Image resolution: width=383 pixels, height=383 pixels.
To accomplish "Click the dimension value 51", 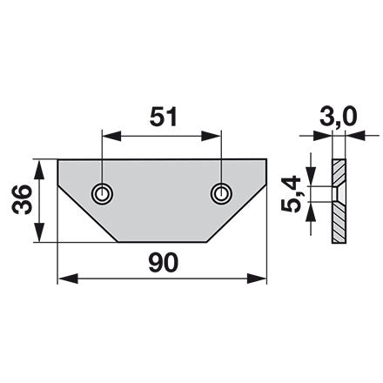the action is [163, 117].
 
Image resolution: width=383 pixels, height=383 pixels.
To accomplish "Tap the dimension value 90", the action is [163, 262].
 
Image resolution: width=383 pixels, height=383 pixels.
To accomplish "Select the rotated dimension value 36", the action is [22, 200].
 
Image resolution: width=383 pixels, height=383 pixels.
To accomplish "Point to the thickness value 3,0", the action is [338, 118].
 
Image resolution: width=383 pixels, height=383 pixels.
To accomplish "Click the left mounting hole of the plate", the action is [102, 193].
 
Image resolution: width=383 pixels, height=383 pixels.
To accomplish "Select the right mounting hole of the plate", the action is [221, 193].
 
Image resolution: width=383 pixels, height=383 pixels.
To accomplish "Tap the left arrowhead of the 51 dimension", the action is [111, 136].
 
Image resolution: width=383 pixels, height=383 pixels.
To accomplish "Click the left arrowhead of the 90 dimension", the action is [68, 279].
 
